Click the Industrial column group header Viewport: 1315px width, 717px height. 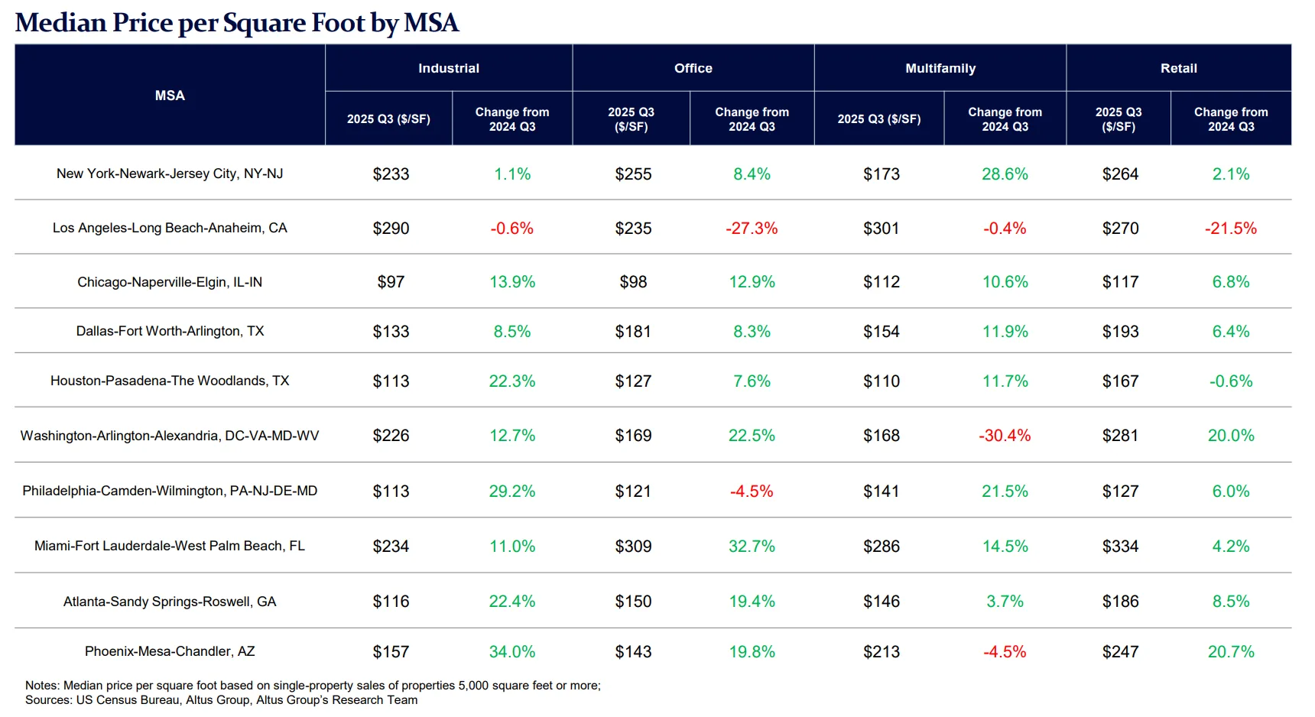click(449, 68)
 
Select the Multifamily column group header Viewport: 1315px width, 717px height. click(940, 68)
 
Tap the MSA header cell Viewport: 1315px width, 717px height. click(170, 96)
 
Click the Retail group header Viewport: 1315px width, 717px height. click(1178, 68)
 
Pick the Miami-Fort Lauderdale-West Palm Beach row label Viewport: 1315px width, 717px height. click(170, 546)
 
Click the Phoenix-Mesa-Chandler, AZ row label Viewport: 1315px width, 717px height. click(170, 651)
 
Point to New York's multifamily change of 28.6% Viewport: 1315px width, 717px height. click(1005, 174)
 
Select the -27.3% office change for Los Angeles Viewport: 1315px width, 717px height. click(752, 229)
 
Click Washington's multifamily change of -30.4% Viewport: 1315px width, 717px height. click(1005, 436)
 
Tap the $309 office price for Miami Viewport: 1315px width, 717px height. click(633, 547)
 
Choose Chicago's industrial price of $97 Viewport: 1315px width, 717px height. click(391, 282)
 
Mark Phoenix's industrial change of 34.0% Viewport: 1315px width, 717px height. click(512, 652)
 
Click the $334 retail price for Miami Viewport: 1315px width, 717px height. click(1120, 547)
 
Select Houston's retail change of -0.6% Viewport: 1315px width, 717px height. click(1231, 381)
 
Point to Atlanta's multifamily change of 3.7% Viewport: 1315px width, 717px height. click(1005, 602)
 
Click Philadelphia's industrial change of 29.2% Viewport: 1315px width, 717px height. click(512, 492)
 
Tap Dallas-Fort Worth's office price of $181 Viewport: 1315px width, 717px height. click(633, 332)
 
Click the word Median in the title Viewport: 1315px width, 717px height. click(61, 23)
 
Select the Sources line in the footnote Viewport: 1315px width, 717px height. click(221, 700)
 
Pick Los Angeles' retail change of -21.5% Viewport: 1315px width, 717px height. click(1231, 229)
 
